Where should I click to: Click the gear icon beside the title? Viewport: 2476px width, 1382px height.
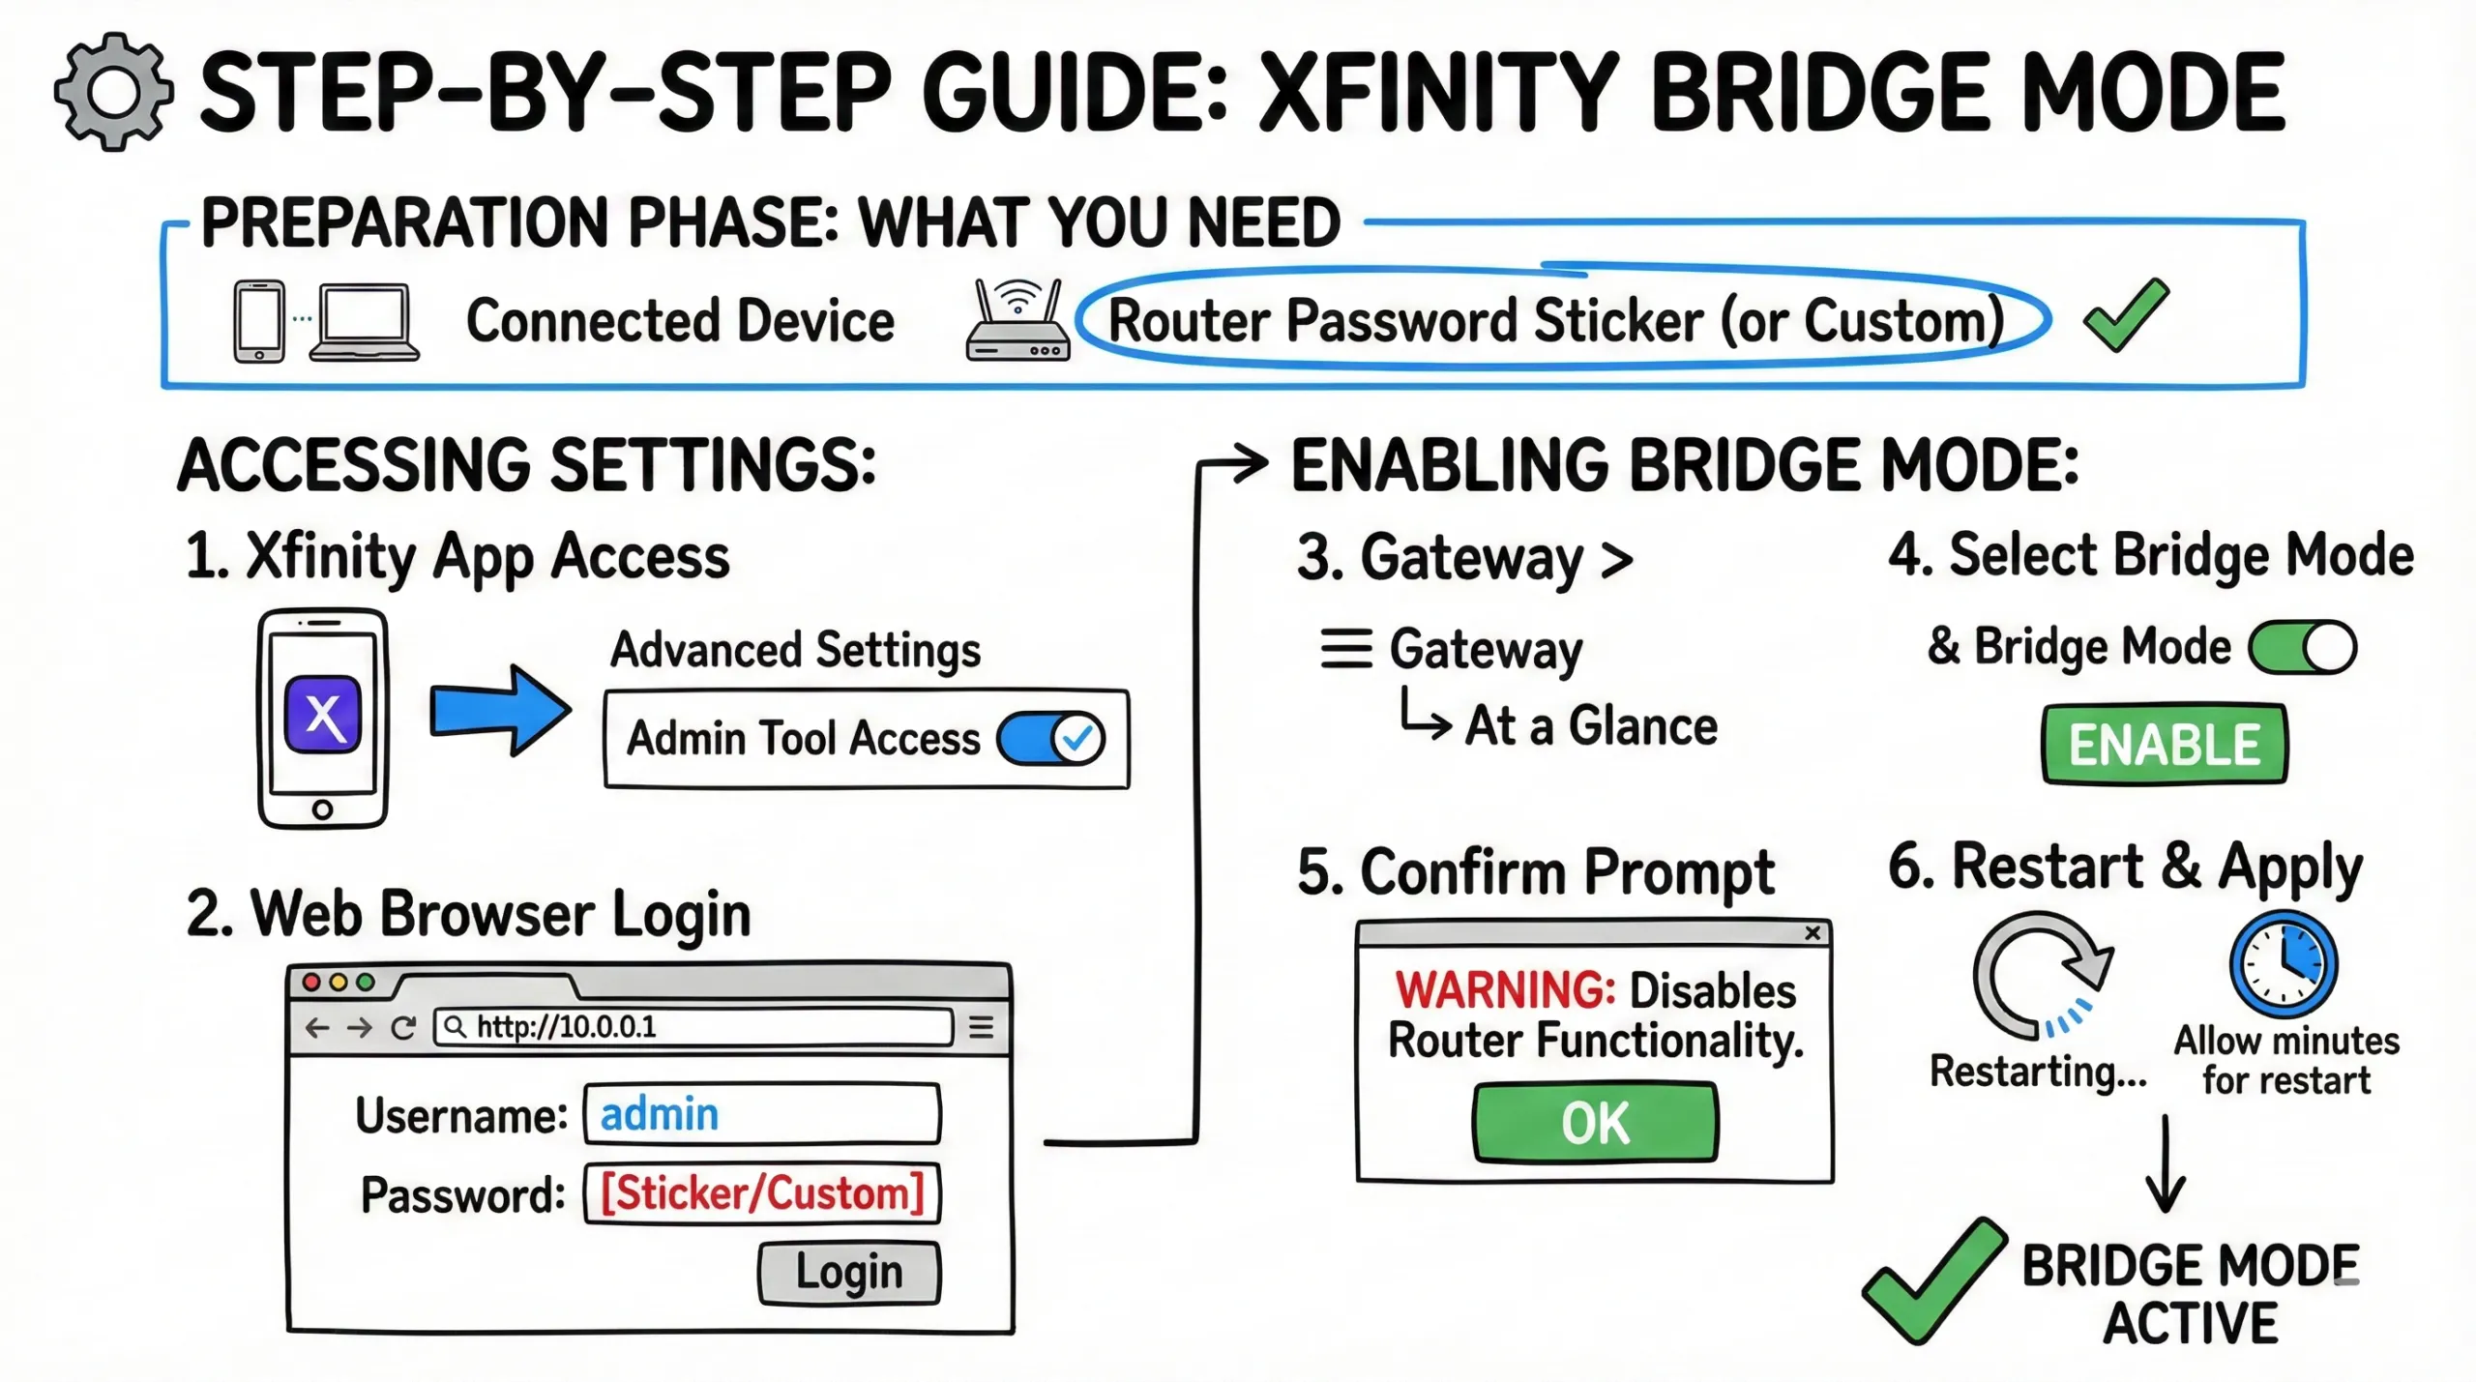click(114, 92)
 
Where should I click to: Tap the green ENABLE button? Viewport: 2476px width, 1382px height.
click(2165, 744)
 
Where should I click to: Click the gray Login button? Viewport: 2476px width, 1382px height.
click(848, 1273)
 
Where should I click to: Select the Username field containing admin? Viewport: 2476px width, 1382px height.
click(762, 1115)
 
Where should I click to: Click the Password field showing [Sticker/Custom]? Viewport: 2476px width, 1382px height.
click(762, 1193)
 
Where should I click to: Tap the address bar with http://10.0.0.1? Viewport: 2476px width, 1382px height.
click(693, 1026)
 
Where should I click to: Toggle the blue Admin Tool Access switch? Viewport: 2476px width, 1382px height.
click(1051, 739)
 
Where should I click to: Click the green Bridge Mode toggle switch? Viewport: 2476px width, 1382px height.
click(2302, 647)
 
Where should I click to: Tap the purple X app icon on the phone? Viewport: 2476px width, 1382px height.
click(323, 716)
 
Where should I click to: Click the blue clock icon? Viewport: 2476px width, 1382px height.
click(2284, 964)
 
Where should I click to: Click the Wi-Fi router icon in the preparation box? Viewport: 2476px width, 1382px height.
click(1017, 321)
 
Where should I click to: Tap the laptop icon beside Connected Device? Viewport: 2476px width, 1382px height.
click(364, 323)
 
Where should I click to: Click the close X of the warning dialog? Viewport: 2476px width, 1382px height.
click(1813, 933)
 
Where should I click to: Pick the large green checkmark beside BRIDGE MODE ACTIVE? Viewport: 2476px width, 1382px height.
click(1932, 1281)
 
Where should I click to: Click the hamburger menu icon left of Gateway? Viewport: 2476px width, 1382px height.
click(1346, 649)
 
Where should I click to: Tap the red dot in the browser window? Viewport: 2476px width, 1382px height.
click(311, 983)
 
